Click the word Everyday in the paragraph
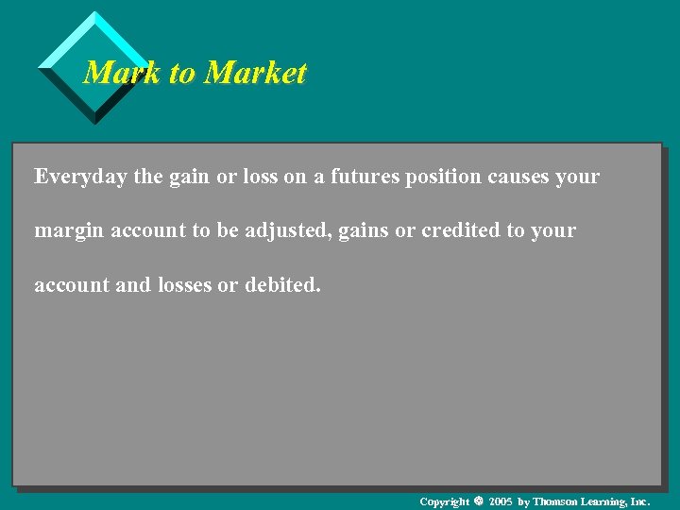click(x=79, y=177)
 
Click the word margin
click(x=69, y=230)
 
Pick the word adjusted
click(x=283, y=230)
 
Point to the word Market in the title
click(x=255, y=73)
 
